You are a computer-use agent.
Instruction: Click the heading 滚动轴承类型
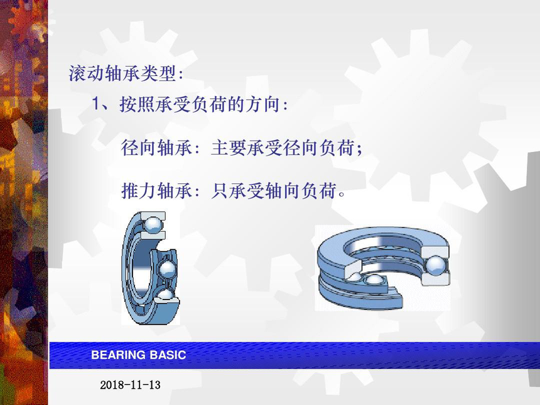122,73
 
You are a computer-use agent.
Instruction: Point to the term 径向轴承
156,148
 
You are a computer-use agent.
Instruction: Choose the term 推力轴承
156,190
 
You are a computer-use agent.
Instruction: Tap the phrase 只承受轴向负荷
274,190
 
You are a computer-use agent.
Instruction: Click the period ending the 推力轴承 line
342,195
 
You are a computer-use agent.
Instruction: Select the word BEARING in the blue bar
119,355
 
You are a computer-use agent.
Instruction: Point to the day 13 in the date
155,385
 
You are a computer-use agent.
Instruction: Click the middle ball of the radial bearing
168,269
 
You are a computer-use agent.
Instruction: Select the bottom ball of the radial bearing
165,295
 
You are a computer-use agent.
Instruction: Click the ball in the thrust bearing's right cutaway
436,265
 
